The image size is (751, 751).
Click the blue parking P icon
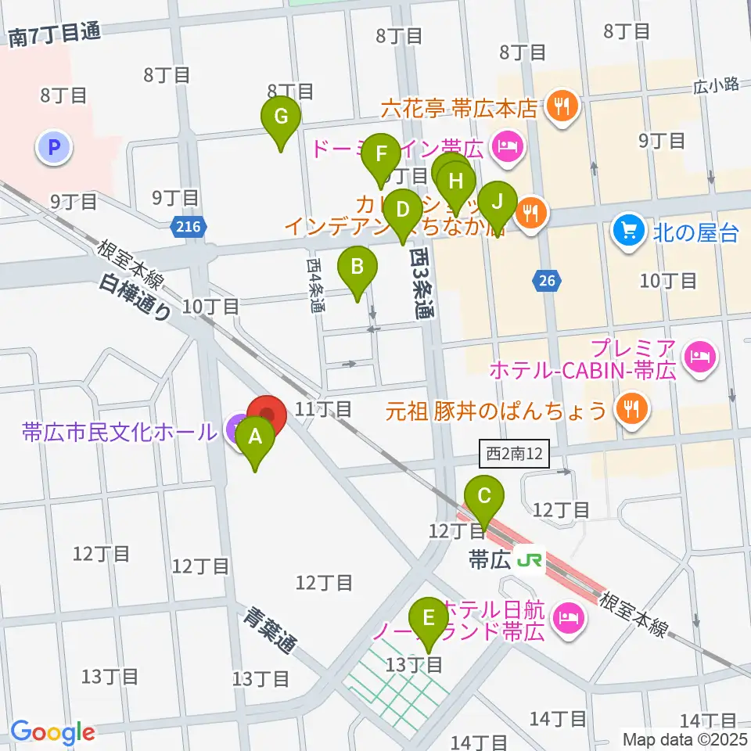coord(54,147)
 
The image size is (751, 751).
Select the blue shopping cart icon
coord(627,229)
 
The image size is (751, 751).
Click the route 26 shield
coord(546,279)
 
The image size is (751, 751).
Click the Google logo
coord(52,732)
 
